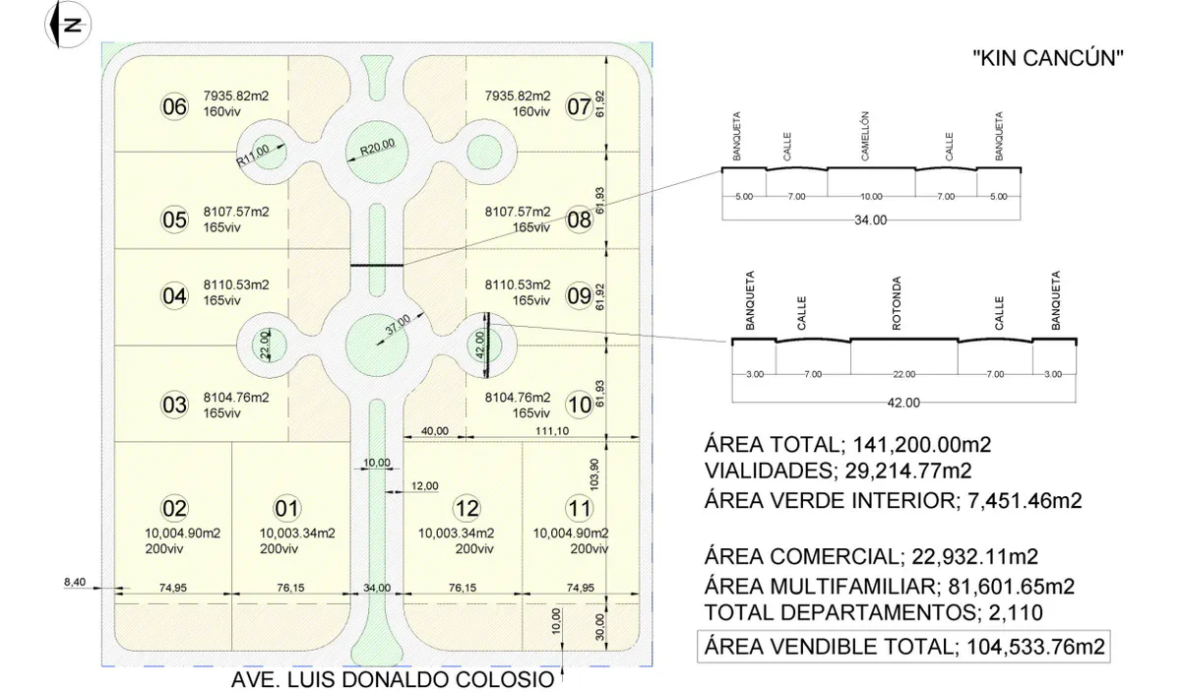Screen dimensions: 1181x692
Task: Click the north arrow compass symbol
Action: coord(68,25)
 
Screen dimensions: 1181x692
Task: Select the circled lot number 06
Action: coord(174,106)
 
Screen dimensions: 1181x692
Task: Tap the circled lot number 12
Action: coord(466,509)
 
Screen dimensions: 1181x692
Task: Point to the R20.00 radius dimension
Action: coord(377,147)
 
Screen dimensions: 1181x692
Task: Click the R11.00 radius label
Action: coord(253,156)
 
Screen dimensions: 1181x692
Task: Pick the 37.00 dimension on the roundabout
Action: coord(398,325)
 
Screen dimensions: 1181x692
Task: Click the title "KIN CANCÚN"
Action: coord(1048,58)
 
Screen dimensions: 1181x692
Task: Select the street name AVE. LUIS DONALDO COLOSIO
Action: coord(393,680)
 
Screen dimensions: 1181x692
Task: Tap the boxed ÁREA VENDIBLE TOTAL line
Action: coord(903,646)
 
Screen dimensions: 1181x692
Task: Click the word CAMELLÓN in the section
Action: coord(865,136)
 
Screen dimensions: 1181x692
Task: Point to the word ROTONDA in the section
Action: coord(897,304)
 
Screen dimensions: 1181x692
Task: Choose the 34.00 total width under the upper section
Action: coord(870,220)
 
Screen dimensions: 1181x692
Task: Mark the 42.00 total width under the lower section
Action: coord(903,403)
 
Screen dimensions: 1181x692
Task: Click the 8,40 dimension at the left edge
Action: coord(75,583)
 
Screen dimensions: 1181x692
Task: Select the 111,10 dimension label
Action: coord(552,431)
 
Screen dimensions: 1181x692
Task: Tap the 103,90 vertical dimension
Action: coord(594,474)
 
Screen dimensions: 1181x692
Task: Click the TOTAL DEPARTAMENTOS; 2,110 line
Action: coord(874,612)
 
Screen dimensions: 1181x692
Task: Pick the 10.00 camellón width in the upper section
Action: coord(871,197)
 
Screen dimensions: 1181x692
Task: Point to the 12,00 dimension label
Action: coord(424,485)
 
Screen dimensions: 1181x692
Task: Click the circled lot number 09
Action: coord(579,295)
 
